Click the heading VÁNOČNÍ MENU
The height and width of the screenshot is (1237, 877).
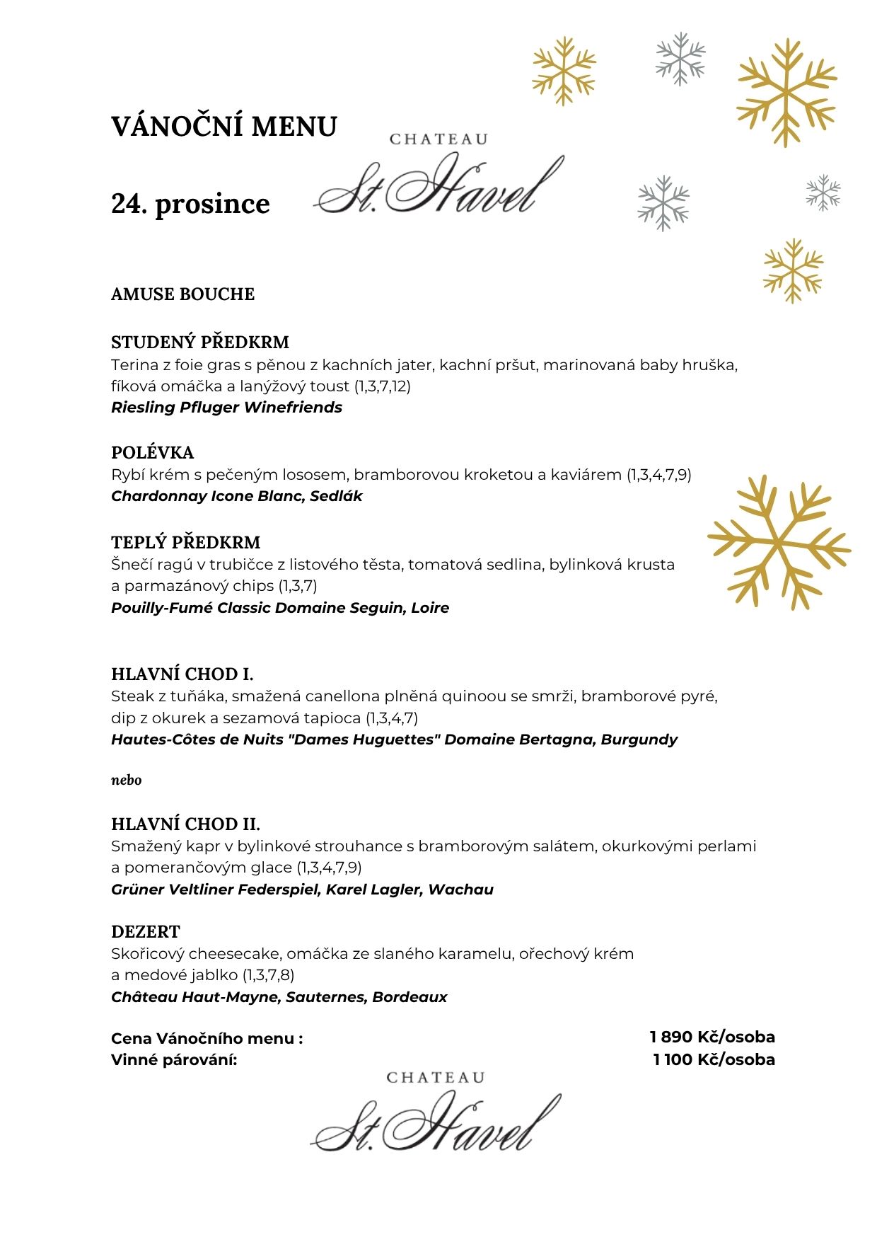pos(224,127)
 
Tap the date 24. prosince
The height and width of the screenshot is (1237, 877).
pos(190,204)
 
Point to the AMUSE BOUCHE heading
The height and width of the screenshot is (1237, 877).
pos(182,294)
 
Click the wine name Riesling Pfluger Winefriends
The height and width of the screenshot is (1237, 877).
pos(226,408)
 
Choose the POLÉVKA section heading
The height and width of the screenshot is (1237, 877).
pos(152,453)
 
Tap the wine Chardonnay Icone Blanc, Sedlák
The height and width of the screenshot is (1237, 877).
pos(236,496)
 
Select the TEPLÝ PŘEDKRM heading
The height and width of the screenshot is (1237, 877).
pos(185,543)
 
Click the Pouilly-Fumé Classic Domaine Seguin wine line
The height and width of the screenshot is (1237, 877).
pos(280,608)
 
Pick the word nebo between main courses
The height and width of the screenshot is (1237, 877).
pos(126,780)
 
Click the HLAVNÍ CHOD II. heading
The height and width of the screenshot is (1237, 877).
pos(185,824)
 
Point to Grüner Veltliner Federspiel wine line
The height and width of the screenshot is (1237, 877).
pos(302,890)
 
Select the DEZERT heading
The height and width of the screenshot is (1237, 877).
pos(146,932)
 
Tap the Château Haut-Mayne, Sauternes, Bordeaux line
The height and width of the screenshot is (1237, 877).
pos(279,997)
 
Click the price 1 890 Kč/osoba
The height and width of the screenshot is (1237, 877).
pos(712,1037)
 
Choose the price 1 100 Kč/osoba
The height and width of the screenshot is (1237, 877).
pos(714,1060)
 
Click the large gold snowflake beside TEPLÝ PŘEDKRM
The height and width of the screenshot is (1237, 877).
pos(779,543)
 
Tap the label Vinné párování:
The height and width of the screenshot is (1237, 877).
pos(174,1060)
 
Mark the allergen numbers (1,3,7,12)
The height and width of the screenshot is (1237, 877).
pos(382,386)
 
